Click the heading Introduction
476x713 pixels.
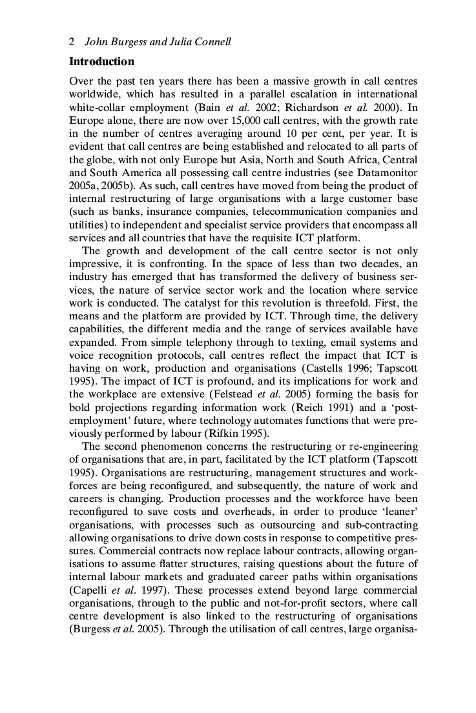point(101,62)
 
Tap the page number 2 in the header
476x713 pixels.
point(72,43)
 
